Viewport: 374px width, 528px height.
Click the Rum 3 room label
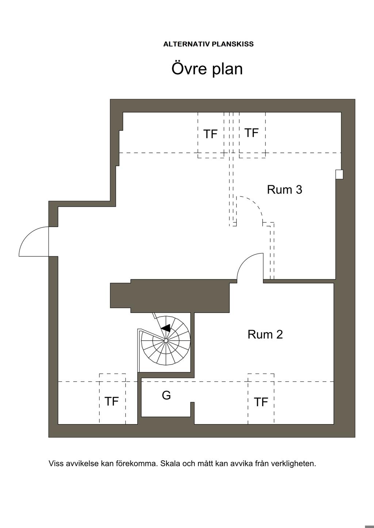pos(285,190)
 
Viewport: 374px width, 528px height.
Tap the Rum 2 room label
pos(265,334)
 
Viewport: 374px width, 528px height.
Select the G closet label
pos(166,395)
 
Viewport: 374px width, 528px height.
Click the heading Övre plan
pos(207,69)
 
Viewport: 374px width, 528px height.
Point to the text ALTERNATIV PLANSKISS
pos(209,44)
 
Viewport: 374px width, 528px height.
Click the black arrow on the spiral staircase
pos(165,328)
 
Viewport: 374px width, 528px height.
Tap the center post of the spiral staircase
pos(166,341)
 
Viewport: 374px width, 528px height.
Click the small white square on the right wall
pos(339,175)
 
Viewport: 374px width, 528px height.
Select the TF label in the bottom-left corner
pos(111,401)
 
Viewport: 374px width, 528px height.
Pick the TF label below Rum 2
pos(261,402)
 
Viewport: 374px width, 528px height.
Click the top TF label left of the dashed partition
pos(210,134)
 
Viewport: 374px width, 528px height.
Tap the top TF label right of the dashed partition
pos(251,133)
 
